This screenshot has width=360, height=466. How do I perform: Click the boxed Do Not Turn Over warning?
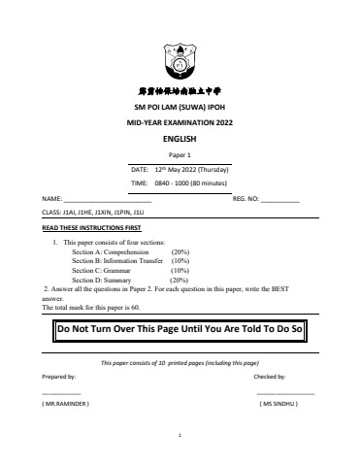180,329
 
